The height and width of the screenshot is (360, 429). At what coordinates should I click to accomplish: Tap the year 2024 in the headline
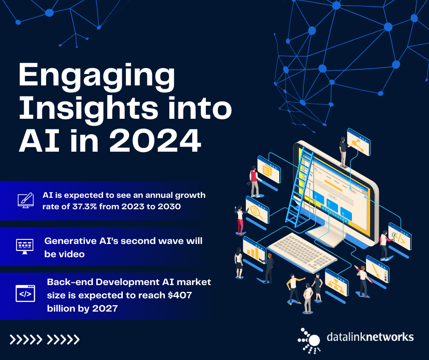coord(155,141)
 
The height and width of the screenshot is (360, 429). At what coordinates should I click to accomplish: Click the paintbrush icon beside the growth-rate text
coord(26,200)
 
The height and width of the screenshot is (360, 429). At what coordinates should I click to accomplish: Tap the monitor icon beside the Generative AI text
coord(25,246)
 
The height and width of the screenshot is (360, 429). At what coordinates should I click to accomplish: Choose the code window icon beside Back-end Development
coord(25,293)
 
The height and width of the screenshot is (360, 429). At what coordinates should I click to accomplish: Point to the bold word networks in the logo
coord(390,337)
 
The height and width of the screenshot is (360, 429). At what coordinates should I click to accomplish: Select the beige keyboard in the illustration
coord(302,252)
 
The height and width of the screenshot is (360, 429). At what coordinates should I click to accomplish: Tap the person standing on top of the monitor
coord(343,152)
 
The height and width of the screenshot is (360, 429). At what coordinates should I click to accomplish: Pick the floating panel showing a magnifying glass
coord(257,210)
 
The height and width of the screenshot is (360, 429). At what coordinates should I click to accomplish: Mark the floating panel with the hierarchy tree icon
coord(336,282)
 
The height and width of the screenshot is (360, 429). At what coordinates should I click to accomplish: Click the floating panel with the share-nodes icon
coord(358,142)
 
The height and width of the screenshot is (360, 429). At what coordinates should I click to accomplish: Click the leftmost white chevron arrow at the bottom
coord(13,339)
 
